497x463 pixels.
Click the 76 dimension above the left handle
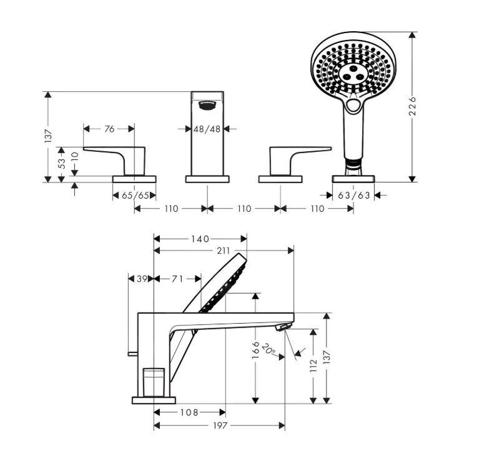pyautogui.click(x=109, y=129)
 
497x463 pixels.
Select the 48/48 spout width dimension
pyautogui.click(x=207, y=129)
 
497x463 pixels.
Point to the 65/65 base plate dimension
pyautogui.click(x=135, y=196)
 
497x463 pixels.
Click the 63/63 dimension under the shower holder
pyautogui.click(x=354, y=196)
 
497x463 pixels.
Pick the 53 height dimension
pyautogui.click(x=61, y=164)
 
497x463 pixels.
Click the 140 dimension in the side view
pyautogui.click(x=201, y=239)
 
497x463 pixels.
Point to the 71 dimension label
pyautogui.click(x=177, y=279)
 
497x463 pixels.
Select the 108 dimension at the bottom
pyautogui.click(x=189, y=412)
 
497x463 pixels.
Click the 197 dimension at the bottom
pyautogui.click(x=219, y=426)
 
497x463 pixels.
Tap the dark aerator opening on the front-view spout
pyautogui.click(x=207, y=106)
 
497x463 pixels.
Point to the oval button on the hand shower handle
pyautogui.click(x=353, y=106)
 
